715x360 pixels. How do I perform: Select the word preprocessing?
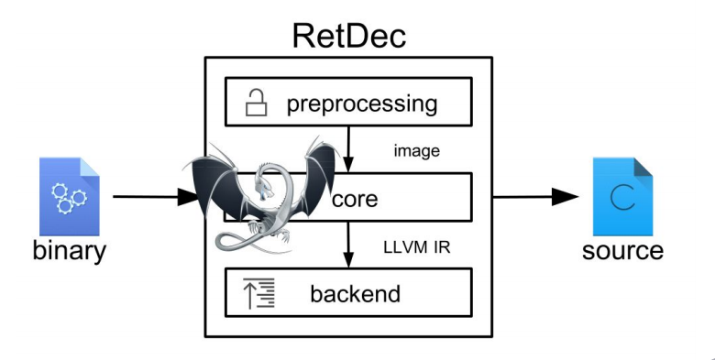(x=361, y=103)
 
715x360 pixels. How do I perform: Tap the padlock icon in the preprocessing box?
(x=255, y=104)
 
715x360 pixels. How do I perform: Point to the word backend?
(x=355, y=293)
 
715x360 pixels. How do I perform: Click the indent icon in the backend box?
(x=254, y=293)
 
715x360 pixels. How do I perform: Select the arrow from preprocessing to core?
(x=349, y=147)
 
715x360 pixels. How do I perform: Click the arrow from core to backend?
(x=349, y=244)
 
